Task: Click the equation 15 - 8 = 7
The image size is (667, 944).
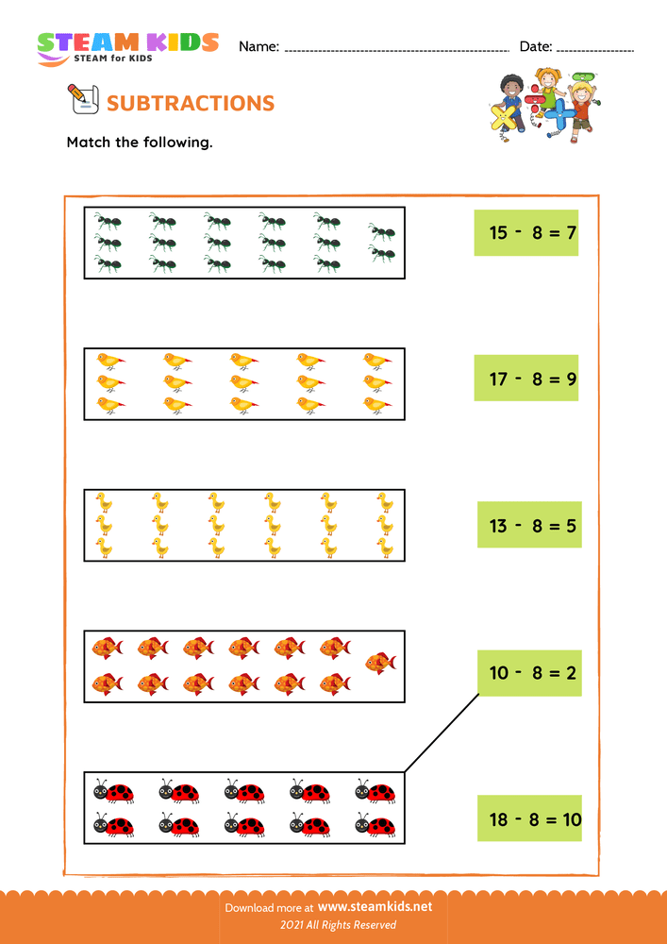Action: [x=525, y=232]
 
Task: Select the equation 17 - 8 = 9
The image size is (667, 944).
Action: [x=525, y=379]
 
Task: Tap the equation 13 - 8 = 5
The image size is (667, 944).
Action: [x=529, y=525]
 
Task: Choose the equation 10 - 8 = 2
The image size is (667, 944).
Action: [x=529, y=672]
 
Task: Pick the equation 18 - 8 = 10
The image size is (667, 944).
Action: [x=529, y=818]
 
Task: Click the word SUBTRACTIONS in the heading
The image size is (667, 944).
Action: [x=191, y=103]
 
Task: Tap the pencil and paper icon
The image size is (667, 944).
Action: [x=82, y=98]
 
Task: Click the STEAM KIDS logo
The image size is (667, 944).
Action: [x=126, y=47]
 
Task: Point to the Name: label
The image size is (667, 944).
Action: [x=258, y=46]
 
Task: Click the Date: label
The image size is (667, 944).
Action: [x=535, y=46]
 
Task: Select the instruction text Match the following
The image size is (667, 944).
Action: [x=140, y=143]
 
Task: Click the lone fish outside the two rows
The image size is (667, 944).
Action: [x=380, y=663]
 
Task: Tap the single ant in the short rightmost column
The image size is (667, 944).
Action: [x=382, y=231]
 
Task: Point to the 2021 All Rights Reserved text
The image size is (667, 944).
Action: [x=333, y=925]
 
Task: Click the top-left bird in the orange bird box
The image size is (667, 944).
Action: [x=109, y=361]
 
